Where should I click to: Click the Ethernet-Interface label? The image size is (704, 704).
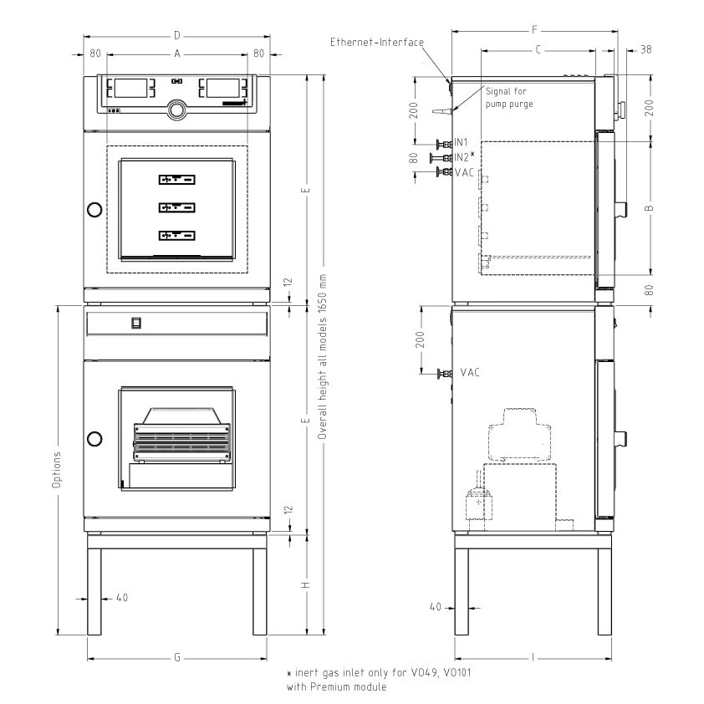coord(377,42)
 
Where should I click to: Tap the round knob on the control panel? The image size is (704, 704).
coord(177,110)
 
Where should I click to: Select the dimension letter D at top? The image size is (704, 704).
coord(177,35)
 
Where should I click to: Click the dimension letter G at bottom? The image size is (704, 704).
coord(177,657)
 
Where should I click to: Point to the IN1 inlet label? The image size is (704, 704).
coord(461,142)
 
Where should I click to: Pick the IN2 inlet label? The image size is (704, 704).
coord(464,156)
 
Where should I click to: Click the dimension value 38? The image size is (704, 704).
coord(645,49)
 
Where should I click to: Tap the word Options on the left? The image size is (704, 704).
coord(56,470)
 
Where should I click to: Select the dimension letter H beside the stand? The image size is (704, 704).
coord(306,585)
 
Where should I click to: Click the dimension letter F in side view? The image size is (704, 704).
coord(534,30)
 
